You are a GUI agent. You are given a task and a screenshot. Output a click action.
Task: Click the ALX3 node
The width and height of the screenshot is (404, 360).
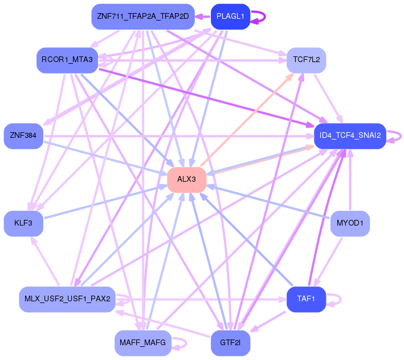(x=187, y=179)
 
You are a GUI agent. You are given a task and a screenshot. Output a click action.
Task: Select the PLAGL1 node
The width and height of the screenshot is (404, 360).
(x=230, y=17)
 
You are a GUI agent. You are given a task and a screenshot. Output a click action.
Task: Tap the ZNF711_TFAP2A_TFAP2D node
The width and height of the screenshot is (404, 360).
(x=143, y=17)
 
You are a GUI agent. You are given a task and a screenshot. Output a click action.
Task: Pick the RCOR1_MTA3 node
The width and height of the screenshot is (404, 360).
(x=67, y=60)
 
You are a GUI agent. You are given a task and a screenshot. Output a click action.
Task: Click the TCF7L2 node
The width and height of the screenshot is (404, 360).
(x=307, y=60)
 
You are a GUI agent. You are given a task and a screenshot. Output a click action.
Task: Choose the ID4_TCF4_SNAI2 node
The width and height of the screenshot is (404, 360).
(x=350, y=136)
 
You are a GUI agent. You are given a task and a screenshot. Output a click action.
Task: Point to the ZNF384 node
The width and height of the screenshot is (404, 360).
(x=23, y=136)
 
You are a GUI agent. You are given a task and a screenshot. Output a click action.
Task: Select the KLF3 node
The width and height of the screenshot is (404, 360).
(x=23, y=223)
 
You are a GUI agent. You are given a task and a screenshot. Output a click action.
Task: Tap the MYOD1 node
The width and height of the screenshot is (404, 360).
(x=350, y=223)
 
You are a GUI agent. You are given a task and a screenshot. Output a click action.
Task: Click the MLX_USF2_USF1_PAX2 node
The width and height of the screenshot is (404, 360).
(x=67, y=299)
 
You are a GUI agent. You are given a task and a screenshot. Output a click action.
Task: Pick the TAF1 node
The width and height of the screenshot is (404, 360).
(x=307, y=299)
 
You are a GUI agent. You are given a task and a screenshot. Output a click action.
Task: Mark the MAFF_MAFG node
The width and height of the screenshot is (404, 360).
(x=143, y=343)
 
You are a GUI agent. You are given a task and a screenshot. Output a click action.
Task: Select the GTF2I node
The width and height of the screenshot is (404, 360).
(x=230, y=343)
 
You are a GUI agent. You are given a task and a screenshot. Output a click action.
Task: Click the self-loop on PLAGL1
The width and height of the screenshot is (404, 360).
(x=265, y=17)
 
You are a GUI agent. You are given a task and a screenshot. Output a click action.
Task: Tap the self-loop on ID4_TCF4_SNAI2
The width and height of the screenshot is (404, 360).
(x=401, y=136)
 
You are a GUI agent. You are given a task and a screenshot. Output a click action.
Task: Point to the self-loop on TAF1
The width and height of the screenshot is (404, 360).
(x=341, y=299)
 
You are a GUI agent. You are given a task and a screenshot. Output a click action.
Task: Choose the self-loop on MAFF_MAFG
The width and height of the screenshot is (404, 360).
(x=186, y=343)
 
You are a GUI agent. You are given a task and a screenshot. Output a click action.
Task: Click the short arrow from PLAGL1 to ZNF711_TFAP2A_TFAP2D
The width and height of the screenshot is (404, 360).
(x=203, y=17)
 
